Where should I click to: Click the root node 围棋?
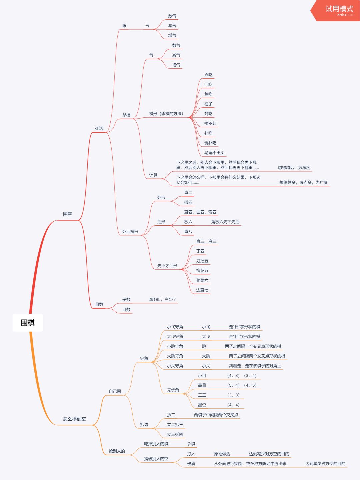28,323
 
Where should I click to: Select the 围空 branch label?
68,214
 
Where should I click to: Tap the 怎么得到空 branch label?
74,419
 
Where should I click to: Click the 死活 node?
99,128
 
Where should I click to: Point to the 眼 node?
124,26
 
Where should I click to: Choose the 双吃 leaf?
208,75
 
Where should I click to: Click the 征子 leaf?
208,104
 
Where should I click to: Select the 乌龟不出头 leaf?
214,153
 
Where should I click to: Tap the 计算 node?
153,175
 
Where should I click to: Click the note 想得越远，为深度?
294,167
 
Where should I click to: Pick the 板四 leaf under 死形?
188,202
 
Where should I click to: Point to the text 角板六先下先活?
225,222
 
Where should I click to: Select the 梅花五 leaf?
202,271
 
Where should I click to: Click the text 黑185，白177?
162,299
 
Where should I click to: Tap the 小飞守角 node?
175,327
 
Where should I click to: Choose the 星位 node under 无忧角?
202,405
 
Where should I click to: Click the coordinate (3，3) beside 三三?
233,395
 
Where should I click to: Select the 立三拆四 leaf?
175,434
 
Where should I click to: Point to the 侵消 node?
191,464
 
